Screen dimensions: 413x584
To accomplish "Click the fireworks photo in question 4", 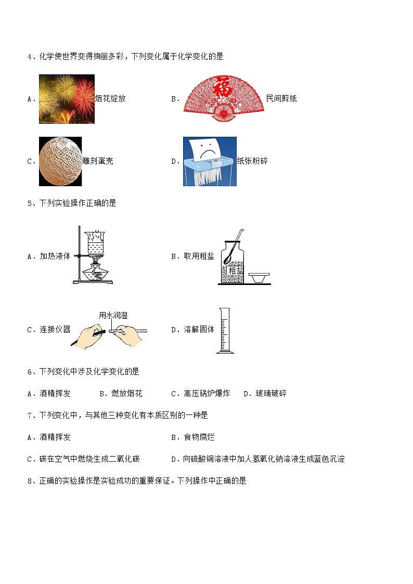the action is point(67,99).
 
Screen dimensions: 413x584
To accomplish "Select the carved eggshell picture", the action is point(60,161).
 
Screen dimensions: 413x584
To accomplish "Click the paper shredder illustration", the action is point(210,161).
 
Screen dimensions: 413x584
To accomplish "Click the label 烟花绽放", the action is point(110,99).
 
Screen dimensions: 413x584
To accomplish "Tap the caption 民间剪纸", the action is point(281,98).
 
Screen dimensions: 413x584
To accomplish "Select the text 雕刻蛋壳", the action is point(98,161).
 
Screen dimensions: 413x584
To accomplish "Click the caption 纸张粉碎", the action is point(252,161).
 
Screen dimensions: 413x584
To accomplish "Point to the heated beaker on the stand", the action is point(95,243).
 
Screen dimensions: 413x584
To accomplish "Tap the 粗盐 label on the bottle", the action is point(235,270).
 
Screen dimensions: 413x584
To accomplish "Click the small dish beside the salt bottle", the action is point(259,278).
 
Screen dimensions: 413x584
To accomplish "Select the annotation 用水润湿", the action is point(113,316).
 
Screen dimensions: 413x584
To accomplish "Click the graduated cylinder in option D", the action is point(225,330).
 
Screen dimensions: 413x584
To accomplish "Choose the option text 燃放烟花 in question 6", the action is point(126,393).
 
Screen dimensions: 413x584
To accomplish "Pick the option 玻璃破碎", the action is point(271,393).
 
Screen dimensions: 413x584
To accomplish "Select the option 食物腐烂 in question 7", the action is point(199,437).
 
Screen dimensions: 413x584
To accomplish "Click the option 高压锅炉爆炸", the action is point(206,393).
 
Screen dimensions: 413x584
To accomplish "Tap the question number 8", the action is point(30,481).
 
